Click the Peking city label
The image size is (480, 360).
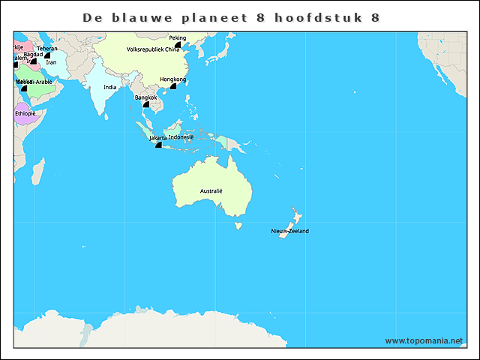(x=178, y=37)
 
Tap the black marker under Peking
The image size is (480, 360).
(x=178, y=45)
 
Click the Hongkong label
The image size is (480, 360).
(x=173, y=79)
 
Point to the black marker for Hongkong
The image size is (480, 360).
(x=172, y=87)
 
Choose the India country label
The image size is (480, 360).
(x=109, y=87)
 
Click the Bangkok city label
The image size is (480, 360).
(x=146, y=97)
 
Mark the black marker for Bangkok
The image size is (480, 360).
(x=146, y=105)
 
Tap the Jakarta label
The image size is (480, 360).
(x=157, y=138)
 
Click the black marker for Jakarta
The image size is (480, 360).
(x=157, y=145)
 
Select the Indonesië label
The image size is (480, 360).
(x=181, y=137)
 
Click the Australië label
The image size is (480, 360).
(x=211, y=191)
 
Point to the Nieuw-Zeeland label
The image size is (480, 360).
(x=289, y=231)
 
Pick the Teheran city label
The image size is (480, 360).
(x=47, y=48)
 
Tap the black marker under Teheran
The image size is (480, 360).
(x=47, y=55)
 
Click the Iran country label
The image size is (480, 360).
(x=51, y=62)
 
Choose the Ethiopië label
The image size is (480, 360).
(x=25, y=113)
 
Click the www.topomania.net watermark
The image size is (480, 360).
(x=424, y=340)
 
